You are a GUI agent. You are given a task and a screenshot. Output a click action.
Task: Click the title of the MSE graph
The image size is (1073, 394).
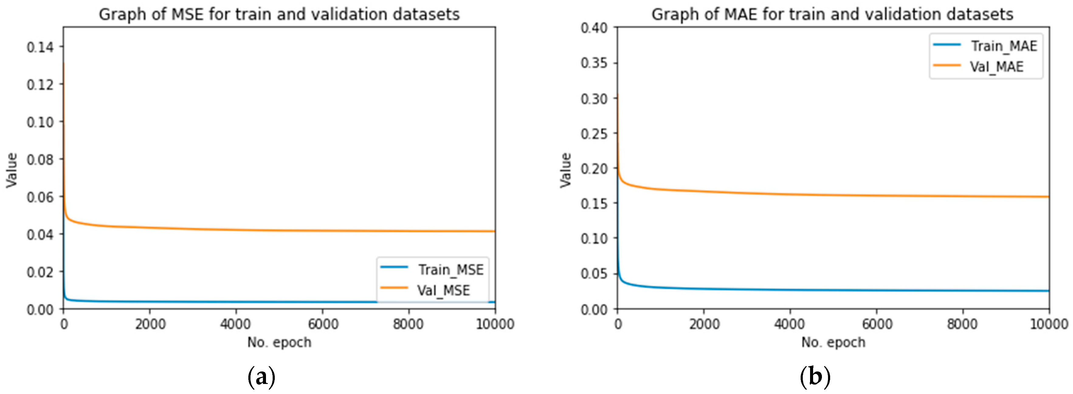279,15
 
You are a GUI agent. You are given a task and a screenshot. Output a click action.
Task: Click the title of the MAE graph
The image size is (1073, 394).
832,15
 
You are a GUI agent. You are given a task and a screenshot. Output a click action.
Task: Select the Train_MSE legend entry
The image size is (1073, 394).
450,270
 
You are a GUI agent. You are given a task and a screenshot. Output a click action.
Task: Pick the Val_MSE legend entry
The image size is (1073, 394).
443,290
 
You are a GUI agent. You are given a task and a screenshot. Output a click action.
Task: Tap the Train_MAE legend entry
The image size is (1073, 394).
1003,46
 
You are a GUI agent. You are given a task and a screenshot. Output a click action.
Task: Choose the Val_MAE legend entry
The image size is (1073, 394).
996,67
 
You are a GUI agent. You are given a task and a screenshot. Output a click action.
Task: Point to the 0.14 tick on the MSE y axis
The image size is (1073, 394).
40,47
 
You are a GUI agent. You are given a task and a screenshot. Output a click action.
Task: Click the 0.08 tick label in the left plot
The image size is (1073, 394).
40,159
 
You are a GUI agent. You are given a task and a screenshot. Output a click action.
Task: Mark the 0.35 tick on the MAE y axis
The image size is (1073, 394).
594,63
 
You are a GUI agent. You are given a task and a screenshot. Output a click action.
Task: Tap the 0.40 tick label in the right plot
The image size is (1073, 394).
594,28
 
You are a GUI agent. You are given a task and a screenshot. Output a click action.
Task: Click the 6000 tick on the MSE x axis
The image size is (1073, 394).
323,324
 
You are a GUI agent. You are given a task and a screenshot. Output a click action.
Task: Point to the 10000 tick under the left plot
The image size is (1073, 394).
495,324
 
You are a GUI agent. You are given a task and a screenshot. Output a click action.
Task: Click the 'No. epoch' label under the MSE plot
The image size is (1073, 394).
279,342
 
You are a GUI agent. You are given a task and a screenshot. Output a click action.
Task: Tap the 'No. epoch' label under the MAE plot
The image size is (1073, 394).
833,342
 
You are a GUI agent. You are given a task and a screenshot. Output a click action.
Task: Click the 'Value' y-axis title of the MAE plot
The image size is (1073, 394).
565,170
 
